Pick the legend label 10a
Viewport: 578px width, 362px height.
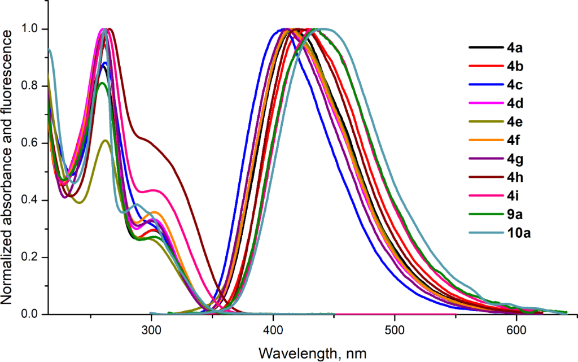(518, 232)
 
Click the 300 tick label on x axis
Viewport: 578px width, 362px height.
(151, 331)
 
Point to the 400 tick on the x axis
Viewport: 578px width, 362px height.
(273, 331)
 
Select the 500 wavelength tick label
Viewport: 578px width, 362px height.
(395, 331)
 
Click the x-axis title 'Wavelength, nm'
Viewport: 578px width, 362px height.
(313, 353)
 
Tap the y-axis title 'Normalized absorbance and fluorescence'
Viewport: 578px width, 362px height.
(9, 167)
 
